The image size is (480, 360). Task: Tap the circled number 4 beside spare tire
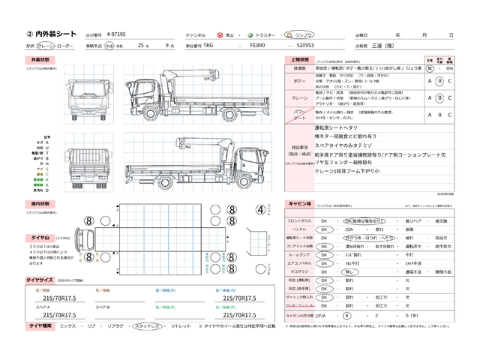260,190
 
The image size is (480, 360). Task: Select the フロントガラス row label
301,221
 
